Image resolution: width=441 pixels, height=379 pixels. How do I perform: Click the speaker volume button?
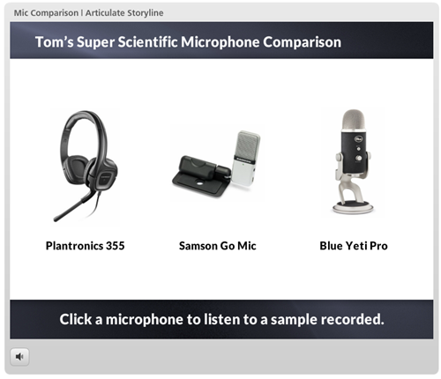(x=19, y=357)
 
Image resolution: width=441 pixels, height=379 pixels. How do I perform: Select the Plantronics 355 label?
(x=86, y=246)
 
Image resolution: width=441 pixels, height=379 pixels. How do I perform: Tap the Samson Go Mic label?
(x=218, y=246)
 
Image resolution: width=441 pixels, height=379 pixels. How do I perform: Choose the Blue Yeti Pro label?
(x=354, y=246)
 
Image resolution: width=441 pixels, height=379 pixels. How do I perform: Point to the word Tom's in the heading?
(x=55, y=41)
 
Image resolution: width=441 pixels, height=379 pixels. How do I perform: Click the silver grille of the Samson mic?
(x=248, y=145)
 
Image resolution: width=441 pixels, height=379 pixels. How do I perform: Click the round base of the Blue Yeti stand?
(x=353, y=207)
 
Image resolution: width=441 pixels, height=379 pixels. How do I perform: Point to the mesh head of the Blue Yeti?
(x=355, y=120)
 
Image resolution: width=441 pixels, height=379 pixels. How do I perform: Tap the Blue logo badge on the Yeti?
(x=359, y=138)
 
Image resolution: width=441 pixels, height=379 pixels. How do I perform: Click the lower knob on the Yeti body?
(x=359, y=158)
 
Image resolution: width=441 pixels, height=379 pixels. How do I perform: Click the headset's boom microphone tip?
(x=56, y=219)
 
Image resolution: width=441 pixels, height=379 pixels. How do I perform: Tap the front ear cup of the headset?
(x=104, y=175)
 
